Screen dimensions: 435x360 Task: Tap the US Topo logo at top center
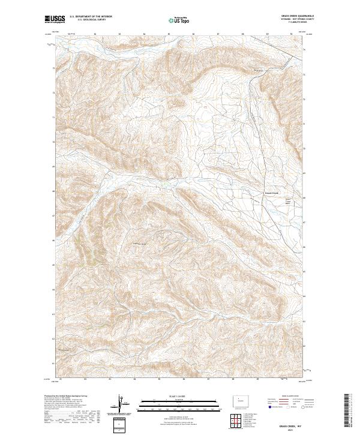[179, 20]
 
